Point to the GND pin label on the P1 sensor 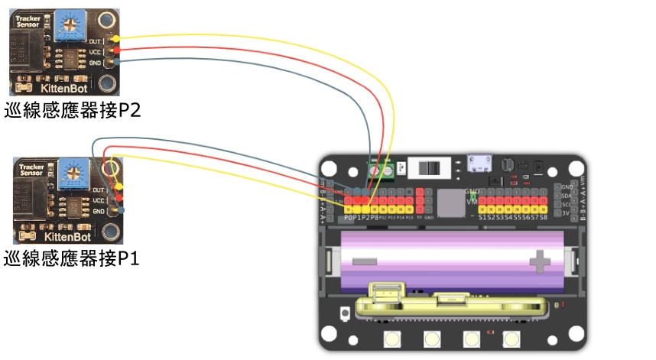99,210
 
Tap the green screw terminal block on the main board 382,170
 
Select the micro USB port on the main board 481,164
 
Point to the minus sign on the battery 365,261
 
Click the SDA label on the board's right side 566,195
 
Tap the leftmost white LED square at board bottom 393,339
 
